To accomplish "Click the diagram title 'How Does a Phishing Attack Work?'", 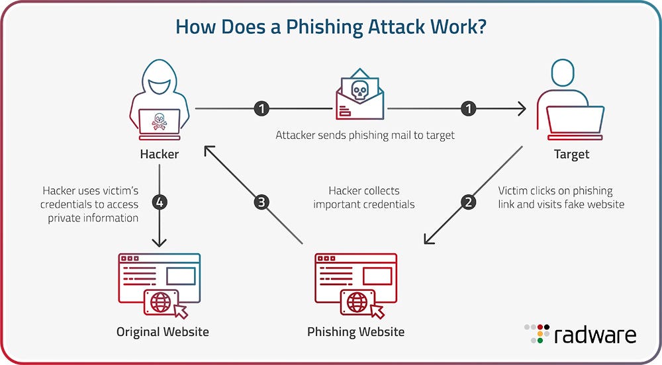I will point(331,28).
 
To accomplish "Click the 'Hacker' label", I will point(159,154).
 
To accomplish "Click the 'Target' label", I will point(571,154).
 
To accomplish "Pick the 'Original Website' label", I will point(162,331).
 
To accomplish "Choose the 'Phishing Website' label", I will point(355,331).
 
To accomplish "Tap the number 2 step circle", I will point(469,202).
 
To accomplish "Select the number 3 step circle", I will point(262,202).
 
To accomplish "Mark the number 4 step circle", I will point(159,202).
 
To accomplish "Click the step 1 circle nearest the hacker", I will point(262,108).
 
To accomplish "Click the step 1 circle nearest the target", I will point(469,108).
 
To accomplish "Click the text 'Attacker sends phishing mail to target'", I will point(365,135).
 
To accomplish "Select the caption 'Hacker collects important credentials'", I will point(364,198).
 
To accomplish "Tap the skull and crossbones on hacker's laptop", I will point(159,121).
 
